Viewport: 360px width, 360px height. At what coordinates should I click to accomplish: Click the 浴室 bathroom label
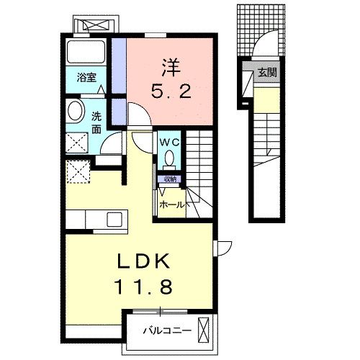click(87, 78)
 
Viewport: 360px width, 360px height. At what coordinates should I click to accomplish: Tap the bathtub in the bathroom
click(86, 52)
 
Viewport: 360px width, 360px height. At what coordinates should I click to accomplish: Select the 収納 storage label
click(170, 179)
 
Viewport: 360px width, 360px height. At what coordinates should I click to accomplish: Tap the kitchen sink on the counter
click(114, 219)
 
